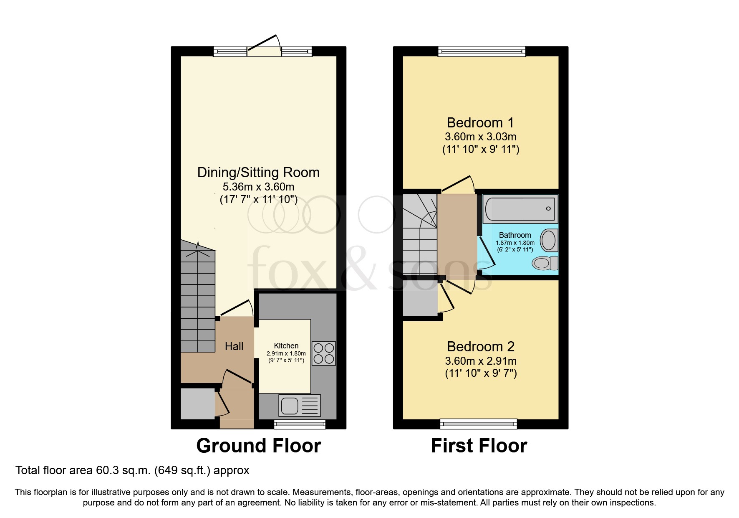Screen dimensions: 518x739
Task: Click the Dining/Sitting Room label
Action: [x=258, y=173]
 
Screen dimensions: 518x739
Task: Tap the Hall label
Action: [x=234, y=346]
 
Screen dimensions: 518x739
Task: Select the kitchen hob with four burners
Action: [x=324, y=353]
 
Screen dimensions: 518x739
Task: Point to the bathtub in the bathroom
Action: [x=520, y=209]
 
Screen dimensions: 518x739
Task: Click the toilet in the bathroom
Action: [x=545, y=263]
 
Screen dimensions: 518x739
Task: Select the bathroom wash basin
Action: [x=548, y=240]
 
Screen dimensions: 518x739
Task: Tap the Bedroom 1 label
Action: [x=480, y=123]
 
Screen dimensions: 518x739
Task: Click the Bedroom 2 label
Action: [x=480, y=347]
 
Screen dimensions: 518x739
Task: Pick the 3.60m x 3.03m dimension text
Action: [x=480, y=137]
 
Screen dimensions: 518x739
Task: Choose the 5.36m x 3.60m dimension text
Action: [x=258, y=187]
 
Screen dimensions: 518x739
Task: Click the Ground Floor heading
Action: [x=258, y=446]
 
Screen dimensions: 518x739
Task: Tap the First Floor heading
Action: [x=479, y=446]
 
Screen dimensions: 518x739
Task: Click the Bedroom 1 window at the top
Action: [x=482, y=51]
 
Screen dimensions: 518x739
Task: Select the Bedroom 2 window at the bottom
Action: [x=479, y=424]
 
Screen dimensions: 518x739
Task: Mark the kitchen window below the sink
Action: [x=300, y=424]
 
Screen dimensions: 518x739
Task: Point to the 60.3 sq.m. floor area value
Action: [x=123, y=470]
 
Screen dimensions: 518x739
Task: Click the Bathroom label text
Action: [x=515, y=235]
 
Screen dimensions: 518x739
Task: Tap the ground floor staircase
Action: [x=198, y=301]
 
